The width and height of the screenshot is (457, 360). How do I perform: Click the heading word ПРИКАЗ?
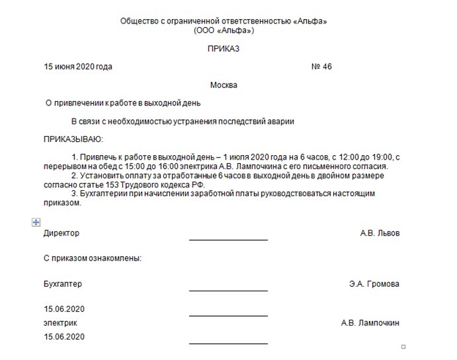[224, 49]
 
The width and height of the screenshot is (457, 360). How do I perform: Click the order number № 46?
[322, 67]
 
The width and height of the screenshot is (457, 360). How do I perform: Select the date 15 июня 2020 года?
[78, 67]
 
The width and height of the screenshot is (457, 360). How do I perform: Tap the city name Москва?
[223, 85]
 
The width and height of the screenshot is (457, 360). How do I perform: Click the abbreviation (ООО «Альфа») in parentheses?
[223, 31]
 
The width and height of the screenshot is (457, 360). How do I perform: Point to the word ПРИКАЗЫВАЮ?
[73, 138]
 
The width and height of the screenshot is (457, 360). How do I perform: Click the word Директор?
[62, 233]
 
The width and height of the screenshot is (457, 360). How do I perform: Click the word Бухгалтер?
[63, 284]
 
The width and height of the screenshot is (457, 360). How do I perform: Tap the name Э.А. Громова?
[374, 284]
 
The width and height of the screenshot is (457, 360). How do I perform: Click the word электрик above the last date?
[60, 323]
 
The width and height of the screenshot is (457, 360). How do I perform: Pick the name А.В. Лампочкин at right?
[370, 323]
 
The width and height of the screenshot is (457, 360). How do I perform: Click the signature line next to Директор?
[228, 239]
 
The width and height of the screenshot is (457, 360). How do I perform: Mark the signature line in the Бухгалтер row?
[228, 290]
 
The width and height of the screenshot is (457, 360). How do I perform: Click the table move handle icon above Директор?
[36, 221]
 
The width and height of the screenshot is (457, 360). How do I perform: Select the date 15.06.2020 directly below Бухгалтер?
[64, 308]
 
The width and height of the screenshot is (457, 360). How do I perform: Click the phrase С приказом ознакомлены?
[92, 258]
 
